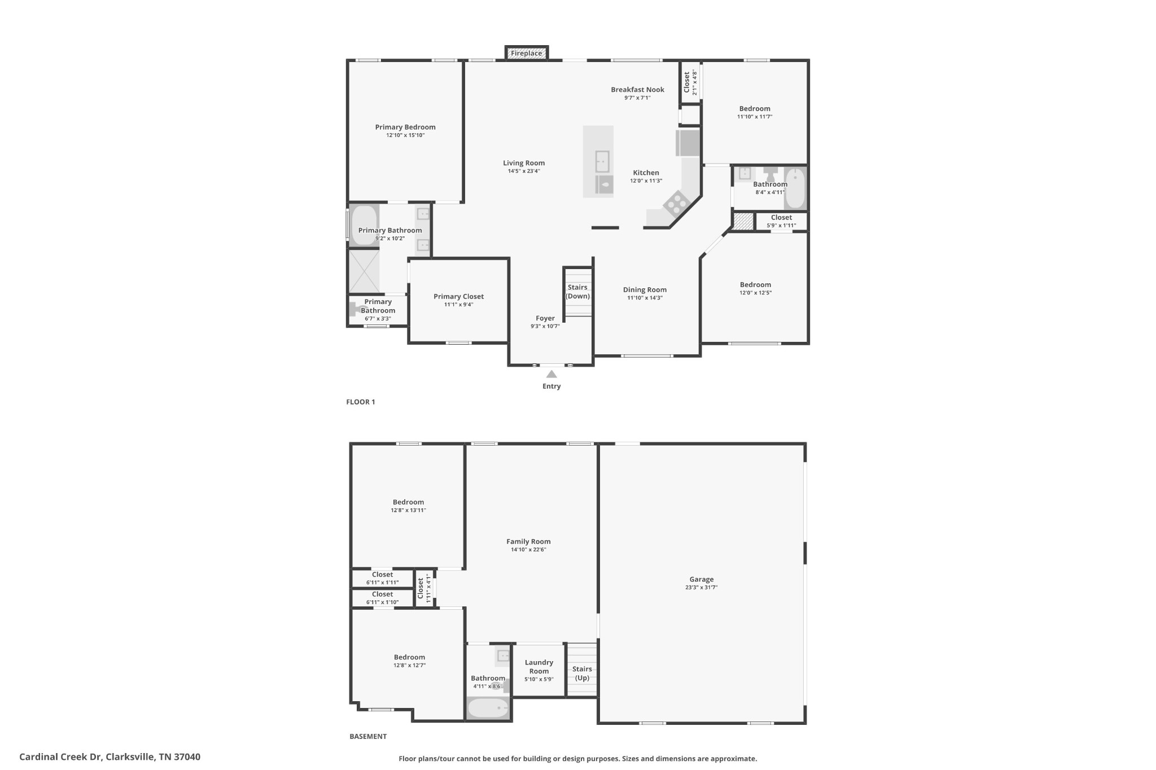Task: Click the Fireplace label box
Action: coord(527,54)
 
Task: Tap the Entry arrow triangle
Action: coord(551,374)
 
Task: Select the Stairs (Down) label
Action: coord(577,292)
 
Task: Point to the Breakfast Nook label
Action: coord(637,90)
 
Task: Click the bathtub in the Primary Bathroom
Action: coord(364,226)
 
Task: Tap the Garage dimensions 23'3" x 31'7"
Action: coord(701,587)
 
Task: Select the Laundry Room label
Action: coord(538,667)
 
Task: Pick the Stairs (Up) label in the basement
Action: coord(582,673)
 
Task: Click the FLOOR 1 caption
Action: coord(360,402)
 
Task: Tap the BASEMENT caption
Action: coord(368,736)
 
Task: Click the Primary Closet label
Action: coord(458,297)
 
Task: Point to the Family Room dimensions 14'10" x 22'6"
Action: coord(528,549)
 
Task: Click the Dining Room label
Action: coord(645,290)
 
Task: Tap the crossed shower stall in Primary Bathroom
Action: coord(364,271)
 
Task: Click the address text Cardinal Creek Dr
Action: coord(60,757)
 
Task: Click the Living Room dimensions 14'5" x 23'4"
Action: coord(524,171)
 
